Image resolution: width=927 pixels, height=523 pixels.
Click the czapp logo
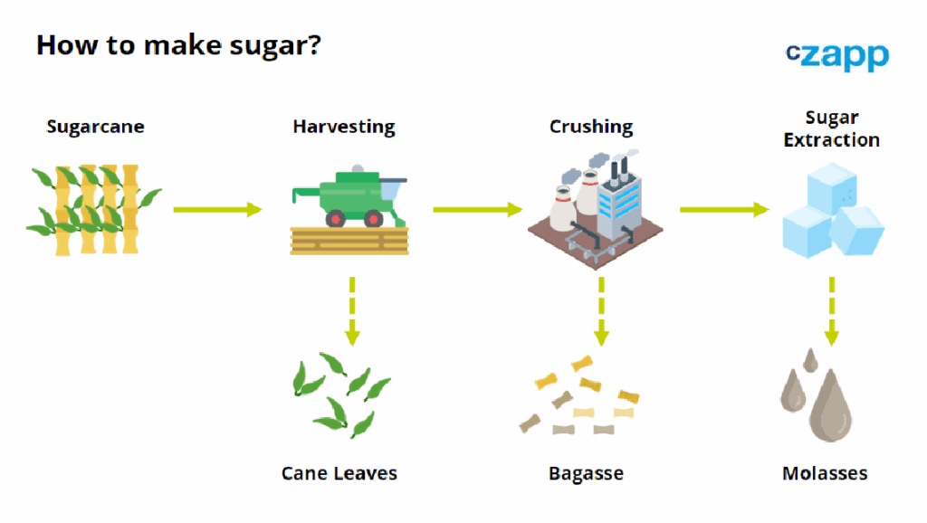(x=837, y=55)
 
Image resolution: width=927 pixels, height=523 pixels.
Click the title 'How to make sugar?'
(x=177, y=44)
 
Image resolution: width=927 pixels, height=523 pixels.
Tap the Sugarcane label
(x=95, y=127)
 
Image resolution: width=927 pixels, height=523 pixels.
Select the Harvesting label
(x=344, y=127)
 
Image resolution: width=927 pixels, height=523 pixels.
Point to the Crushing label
(x=591, y=127)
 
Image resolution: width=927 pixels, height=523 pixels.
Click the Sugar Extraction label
(x=831, y=128)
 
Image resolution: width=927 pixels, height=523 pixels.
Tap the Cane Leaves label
(x=339, y=473)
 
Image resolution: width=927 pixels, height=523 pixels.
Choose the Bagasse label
(x=586, y=473)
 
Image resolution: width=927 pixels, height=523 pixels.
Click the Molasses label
(x=825, y=473)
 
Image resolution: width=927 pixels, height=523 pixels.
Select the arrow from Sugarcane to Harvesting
(x=217, y=210)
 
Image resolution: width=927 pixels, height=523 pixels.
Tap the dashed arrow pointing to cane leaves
(x=351, y=310)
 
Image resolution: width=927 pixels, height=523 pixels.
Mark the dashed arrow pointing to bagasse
(x=601, y=310)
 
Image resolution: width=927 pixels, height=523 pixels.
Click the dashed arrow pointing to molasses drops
(x=831, y=310)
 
